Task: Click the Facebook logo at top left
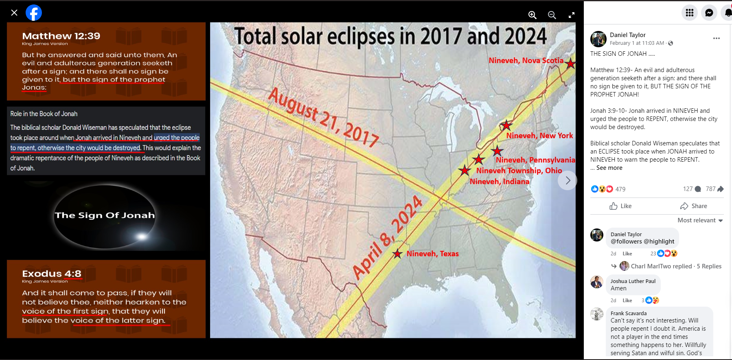pyautogui.click(x=34, y=13)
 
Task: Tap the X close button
pyautogui.click(x=14, y=13)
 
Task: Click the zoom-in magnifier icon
pyautogui.click(x=532, y=15)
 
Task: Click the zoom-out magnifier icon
pyautogui.click(x=552, y=15)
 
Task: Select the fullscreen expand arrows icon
pyautogui.click(x=572, y=15)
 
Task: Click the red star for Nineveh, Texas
pyautogui.click(x=397, y=254)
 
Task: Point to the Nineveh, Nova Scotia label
pyautogui.click(x=526, y=60)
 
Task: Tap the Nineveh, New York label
pyautogui.click(x=539, y=136)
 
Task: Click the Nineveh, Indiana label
pyautogui.click(x=500, y=182)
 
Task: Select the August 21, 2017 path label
pyautogui.click(x=324, y=117)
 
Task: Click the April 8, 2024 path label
pyautogui.click(x=388, y=237)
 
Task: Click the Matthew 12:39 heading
pyautogui.click(x=61, y=36)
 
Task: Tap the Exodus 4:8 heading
pyautogui.click(x=52, y=274)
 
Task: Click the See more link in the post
pyautogui.click(x=609, y=168)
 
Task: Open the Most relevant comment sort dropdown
pyautogui.click(x=700, y=220)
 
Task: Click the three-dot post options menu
pyautogui.click(x=717, y=38)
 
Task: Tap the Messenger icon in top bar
pyautogui.click(x=709, y=13)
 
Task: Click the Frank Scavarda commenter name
pyautogui.click(x=629, y=313)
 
